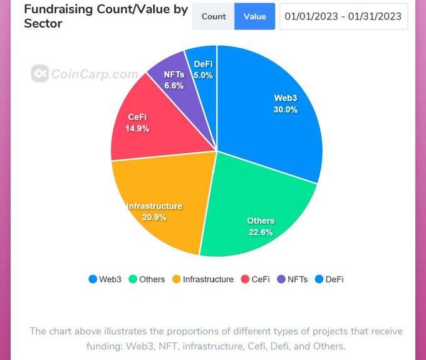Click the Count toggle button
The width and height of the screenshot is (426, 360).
(x=214, y=16)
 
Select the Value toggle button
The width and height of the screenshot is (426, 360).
(x=255, y=16)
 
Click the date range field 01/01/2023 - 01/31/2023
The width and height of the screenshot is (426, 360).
(x=343, y=16)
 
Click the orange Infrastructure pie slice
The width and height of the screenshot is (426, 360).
(x=163, y=194)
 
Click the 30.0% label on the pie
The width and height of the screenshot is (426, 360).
(x=285, y=110)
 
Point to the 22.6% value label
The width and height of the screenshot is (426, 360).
(x=261, y=231)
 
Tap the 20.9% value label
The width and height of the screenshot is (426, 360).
(x=155, y=217)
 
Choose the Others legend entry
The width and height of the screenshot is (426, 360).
(x=148, y=279)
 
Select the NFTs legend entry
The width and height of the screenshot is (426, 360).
(x=292, y=279)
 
